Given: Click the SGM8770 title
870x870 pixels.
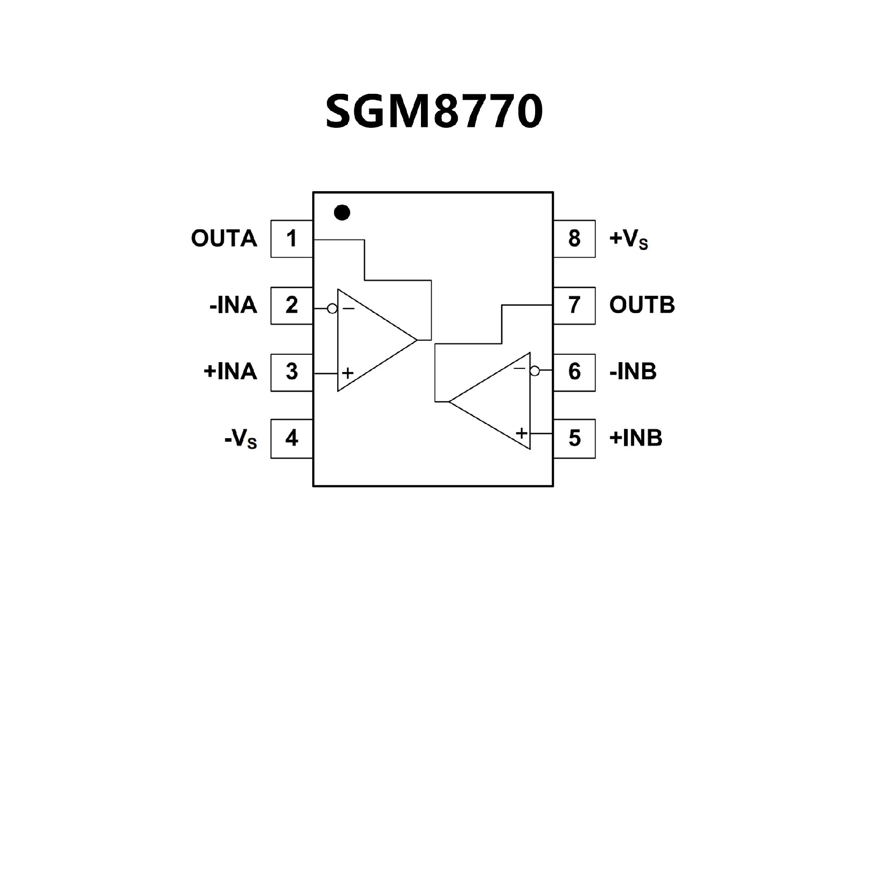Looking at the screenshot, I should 434,111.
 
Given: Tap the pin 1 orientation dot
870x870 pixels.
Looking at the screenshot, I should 342,212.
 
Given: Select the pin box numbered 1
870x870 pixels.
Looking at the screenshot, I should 291,239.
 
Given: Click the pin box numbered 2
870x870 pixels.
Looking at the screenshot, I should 291,305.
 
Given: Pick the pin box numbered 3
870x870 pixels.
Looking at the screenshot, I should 291,372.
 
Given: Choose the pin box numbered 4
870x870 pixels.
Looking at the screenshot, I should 291,438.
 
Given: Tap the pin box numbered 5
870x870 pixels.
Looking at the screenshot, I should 574,438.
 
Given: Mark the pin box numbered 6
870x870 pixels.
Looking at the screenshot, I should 574,372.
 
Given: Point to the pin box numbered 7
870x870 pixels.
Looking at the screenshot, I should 574,305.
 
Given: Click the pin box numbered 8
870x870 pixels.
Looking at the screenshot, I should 574,239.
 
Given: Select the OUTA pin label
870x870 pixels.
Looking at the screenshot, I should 224,239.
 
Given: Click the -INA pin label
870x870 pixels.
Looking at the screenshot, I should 233,305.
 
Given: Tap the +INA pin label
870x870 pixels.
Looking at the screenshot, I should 230,372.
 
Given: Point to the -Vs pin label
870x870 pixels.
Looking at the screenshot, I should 241,439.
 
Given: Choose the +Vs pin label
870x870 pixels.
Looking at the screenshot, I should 628,240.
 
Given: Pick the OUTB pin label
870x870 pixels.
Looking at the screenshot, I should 642,305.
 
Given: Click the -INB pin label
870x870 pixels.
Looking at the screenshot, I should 633,372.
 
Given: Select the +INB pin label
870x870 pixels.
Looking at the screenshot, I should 636,438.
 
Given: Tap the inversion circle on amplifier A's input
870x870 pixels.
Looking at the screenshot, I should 332,309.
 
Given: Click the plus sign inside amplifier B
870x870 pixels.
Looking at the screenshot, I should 522,433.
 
